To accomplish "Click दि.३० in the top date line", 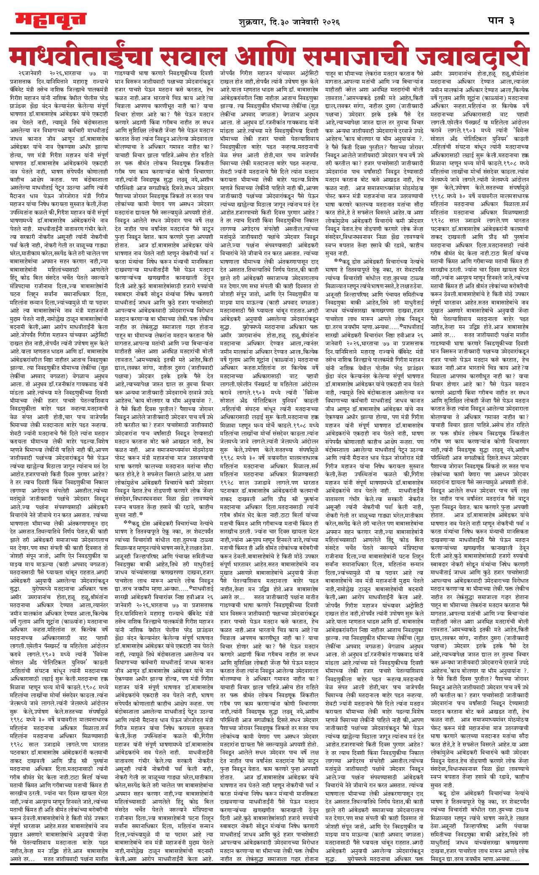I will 278,21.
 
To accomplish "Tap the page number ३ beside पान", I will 512,21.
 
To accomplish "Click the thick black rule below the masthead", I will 269,33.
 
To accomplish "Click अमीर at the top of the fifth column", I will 438,73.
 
